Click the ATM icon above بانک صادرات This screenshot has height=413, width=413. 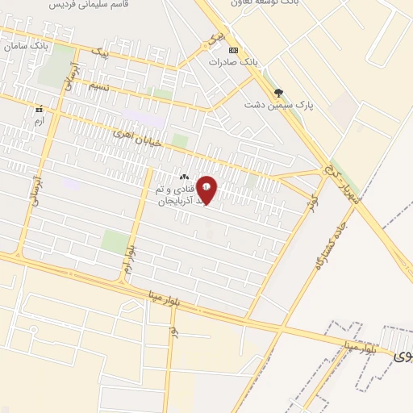click(233, 49)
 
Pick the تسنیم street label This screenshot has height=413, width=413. click(98, 86)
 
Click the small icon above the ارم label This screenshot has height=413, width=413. click(38, 108)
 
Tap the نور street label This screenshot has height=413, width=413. click(173, 332)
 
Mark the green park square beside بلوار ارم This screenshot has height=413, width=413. click(115, 240)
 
